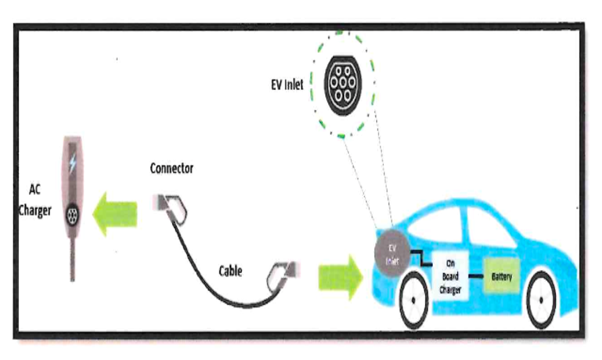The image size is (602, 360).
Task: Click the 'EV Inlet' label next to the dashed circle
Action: [287, 84]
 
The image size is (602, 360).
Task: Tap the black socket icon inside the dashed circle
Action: [343, 84]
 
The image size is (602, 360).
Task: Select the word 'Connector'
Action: [171, 168]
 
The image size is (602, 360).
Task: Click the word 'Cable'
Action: [231, 271]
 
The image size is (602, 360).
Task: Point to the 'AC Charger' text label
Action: [35, 200]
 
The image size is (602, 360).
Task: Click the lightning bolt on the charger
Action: [72, 163]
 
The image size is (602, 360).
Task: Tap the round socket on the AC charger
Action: [72, 216]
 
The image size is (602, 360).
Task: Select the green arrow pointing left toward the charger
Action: [115, 214]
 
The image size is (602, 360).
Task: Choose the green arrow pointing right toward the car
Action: [341, 277]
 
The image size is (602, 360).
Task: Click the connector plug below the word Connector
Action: [170, 208]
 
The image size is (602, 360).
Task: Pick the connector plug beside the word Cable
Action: [283, 275]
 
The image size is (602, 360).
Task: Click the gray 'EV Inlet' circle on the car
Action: [392, 253]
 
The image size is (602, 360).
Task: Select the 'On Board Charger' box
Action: [450, 276]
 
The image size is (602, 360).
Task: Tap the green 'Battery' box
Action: [502, 276]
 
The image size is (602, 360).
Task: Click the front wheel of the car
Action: [414, 300]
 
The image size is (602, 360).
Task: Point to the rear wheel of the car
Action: [541, 300]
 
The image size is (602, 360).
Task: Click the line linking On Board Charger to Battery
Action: [476, 276]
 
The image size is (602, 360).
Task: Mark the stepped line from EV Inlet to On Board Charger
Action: [421, 258]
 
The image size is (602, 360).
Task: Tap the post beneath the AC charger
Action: [72, 259]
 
